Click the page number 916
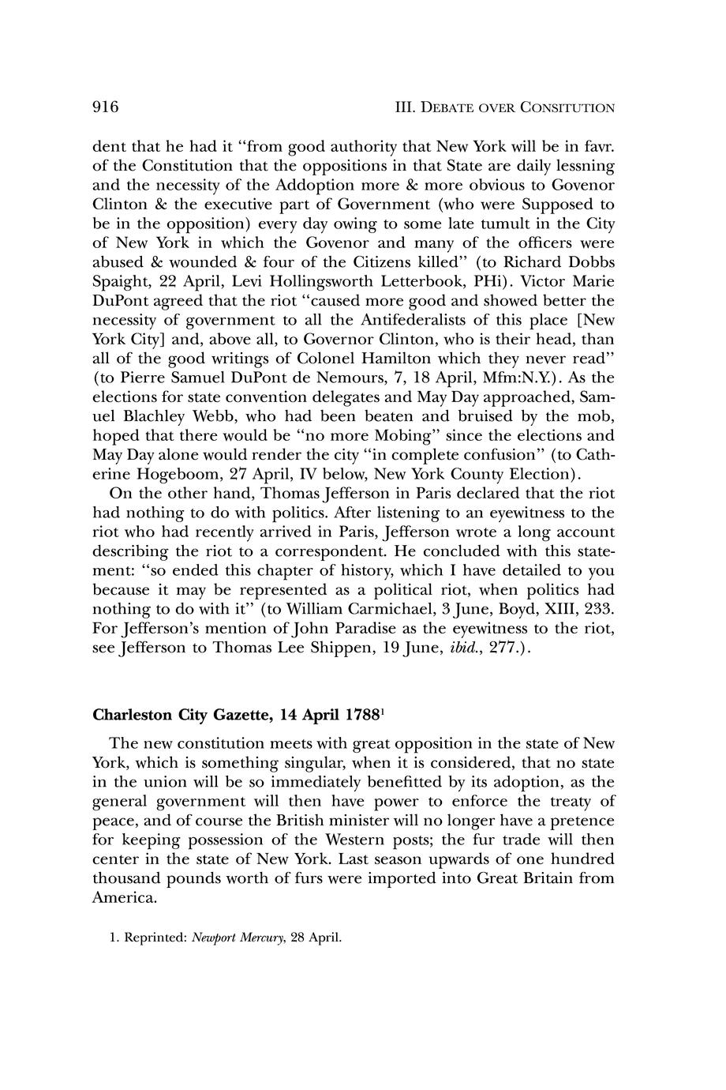pyautogui.click(x=106, y=107)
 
